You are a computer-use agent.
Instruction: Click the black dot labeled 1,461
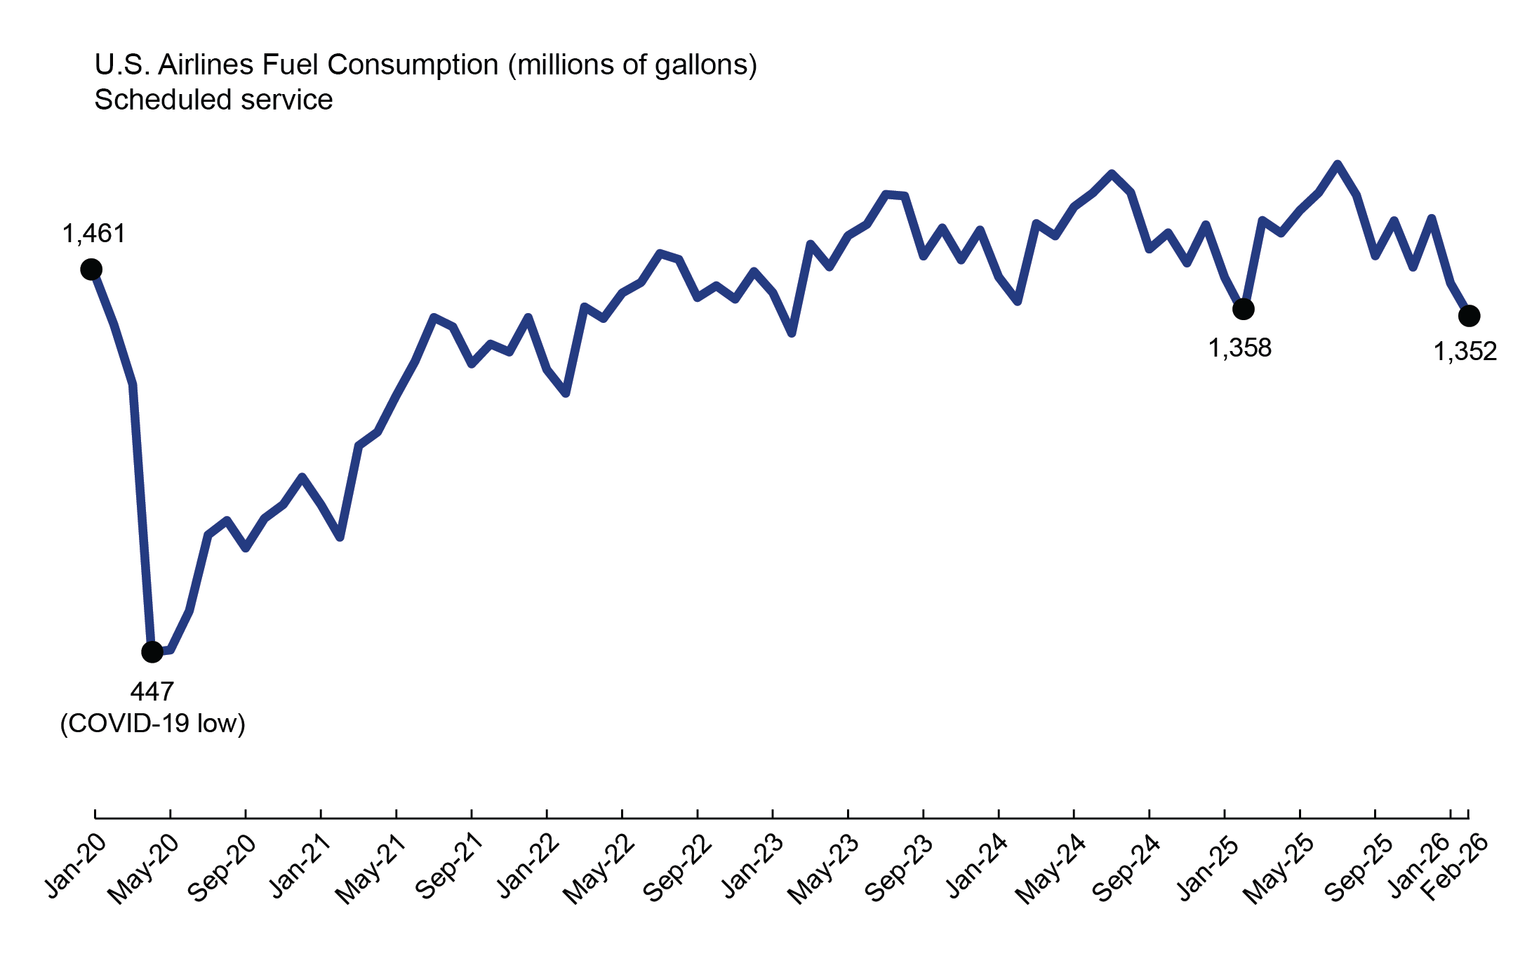tap(91, 270)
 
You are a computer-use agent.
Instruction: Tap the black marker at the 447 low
tap(152, 652)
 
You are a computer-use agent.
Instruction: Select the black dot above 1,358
tap(1243, 309)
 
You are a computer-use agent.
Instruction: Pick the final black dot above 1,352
tap(1469, 317)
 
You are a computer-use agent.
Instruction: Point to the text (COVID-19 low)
tap(153, 724)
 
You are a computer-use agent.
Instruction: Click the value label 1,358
tap(1239, 348)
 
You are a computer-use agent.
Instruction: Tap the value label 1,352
tap(1465, 352)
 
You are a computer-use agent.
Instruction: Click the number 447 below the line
tap(152, 692)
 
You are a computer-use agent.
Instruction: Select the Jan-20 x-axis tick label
tap(76, 866)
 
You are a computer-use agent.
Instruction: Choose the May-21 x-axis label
tap(371, 868)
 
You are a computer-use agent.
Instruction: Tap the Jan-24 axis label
tap(977, 866)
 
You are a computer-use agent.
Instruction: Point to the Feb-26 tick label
tap(1454, 867)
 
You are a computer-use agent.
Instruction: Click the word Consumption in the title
tap(413, 65)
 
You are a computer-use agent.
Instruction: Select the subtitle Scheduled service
tap(213, 100)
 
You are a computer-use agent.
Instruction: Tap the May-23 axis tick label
tap(823, 868)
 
